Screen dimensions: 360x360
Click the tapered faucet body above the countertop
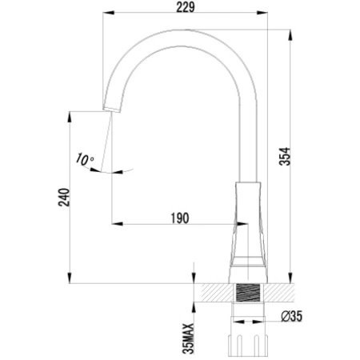pyautogui.click(x=250, y=228)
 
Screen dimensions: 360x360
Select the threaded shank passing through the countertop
pyautogui.click(x=250, y=293)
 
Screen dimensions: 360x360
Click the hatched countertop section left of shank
pyautogui.click(x=214, y=293)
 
